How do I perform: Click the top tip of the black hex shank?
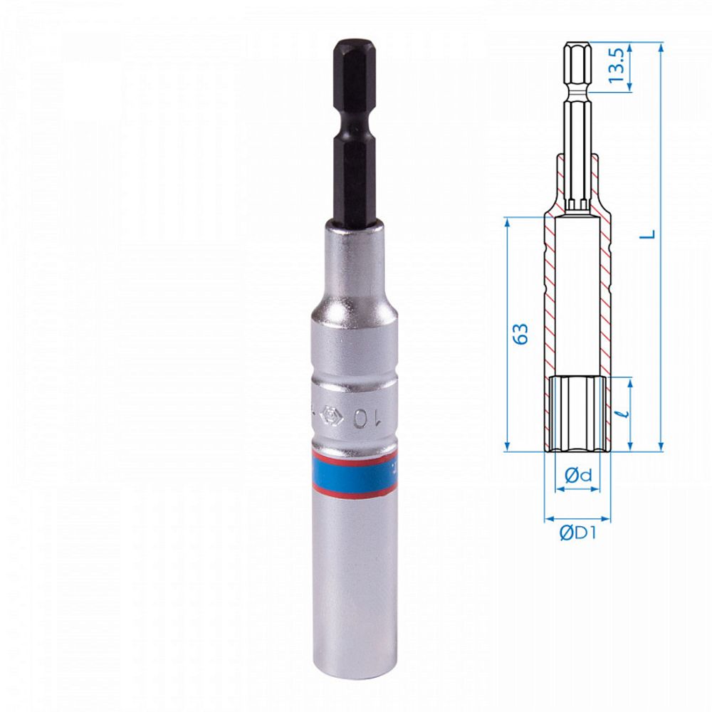click(x=354, y=43)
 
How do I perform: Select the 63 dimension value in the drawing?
click(x=522, y=335)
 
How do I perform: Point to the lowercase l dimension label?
click(x=624, y=413)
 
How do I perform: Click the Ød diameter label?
click(x=577, y=476)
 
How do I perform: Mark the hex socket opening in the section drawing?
click(x=577, y=413)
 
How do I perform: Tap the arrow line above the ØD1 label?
click(x=577, y=519)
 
